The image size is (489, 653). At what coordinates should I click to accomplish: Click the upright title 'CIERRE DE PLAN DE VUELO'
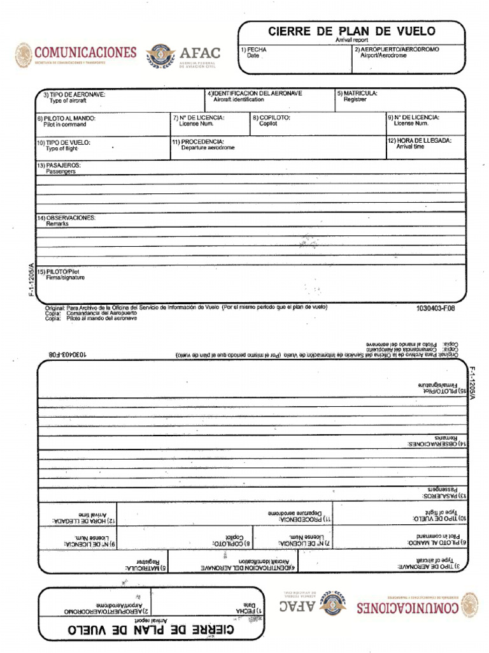351,31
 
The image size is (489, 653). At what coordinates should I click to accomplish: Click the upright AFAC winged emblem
160,55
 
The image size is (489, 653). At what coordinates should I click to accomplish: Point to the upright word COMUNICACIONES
85,52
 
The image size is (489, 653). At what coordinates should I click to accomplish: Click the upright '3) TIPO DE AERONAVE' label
74,94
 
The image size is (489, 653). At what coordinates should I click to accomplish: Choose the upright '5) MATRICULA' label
357,93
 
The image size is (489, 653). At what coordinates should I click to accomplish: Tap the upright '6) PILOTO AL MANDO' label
66,119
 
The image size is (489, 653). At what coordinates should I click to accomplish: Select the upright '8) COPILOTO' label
271,118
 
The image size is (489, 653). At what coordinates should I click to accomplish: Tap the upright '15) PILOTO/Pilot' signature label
62,272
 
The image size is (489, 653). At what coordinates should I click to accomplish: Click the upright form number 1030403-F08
436,308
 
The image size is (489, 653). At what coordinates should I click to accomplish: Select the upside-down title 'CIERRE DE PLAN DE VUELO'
151,630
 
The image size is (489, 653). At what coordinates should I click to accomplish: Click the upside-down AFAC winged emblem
334,603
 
